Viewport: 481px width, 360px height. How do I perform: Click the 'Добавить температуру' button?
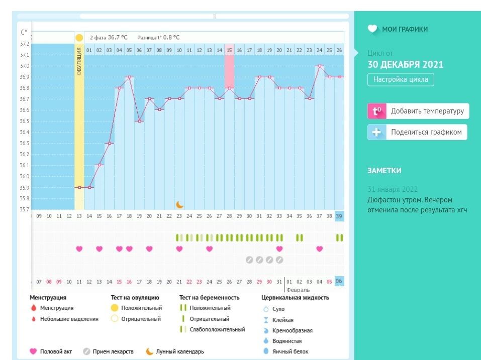click(418, 111)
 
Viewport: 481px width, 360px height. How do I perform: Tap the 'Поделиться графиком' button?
click(418, 133)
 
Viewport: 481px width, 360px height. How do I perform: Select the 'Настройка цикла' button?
click(400, 79)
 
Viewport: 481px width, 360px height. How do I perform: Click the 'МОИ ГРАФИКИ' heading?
click(405, 29)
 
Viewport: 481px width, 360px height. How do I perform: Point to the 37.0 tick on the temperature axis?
click(25, 66)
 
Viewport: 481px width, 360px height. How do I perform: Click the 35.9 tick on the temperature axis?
click(25, 188)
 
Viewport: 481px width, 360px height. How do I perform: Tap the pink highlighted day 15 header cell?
click(229, 50)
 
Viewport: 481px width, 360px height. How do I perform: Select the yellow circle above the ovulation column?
click(79, 38)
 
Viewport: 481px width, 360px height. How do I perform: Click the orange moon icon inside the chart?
click(179, 204)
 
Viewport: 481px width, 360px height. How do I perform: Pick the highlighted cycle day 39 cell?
click(339, 216)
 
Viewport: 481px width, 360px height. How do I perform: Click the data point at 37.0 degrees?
click(319, 66)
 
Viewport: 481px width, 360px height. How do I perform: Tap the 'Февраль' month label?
click(298, 290)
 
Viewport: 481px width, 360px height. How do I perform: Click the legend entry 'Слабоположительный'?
click(217, 330)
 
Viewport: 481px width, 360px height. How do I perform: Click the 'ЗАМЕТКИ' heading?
click(384, 171)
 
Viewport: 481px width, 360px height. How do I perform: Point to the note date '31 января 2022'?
click(393, 189)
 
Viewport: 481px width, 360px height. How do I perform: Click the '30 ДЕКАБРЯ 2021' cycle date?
click(406, 64)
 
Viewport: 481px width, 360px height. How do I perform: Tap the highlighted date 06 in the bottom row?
click(339, 281)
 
